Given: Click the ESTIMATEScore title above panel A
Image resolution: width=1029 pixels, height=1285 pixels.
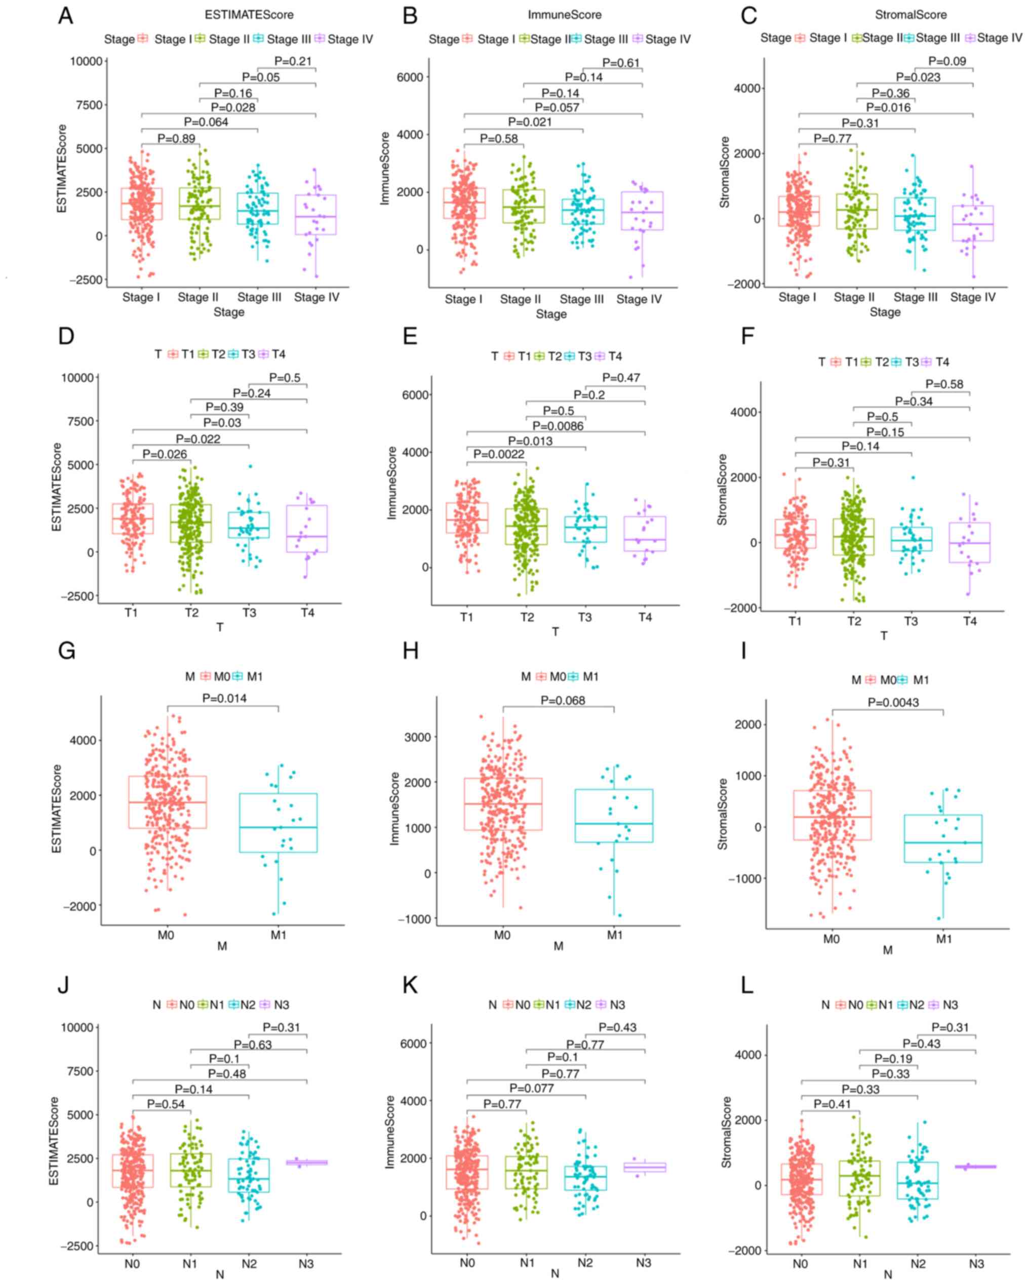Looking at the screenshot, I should pyautogui.click(x=249, y=14).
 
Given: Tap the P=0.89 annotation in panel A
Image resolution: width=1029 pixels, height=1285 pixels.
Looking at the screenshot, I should pyautogui.click(x=176, y=138).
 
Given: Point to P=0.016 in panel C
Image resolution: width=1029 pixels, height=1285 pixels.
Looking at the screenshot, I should pyautogui.click(x=888, y=107).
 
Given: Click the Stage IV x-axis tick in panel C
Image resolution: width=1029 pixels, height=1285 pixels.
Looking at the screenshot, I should pyautogui.click(x=972, y=297).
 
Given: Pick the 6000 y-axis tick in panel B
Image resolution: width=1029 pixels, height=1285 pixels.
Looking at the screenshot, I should pyautogui.click(x=410, y=77).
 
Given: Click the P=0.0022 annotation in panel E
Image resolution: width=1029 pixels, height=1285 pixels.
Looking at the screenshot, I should pyautogui.click(x=499, y=454).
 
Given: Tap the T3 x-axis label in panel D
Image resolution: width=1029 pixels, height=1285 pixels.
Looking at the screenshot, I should pyautogui.click(x=249, y=612).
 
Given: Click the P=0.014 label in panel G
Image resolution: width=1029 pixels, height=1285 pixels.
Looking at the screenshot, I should pyautogui.click(x=224, y=698).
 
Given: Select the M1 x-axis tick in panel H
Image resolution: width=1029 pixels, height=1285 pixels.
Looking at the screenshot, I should pyautogui.click(x=614, y=935).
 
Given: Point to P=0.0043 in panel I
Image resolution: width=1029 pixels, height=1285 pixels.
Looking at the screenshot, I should pyautogui.click(x=893, y=702).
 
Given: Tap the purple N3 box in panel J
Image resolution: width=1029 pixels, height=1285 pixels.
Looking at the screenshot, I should pyautogui.click(x=306, y=1162).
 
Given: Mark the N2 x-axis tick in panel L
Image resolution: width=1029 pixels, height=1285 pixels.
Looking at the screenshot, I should pyautogui.click(x=918, y=1264).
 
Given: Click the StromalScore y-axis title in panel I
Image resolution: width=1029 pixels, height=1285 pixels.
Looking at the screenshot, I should pyautogui.click(x=723, y=814).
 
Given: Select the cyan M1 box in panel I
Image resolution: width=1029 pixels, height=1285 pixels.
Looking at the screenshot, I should pyautogui.click(x=943, y=838).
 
